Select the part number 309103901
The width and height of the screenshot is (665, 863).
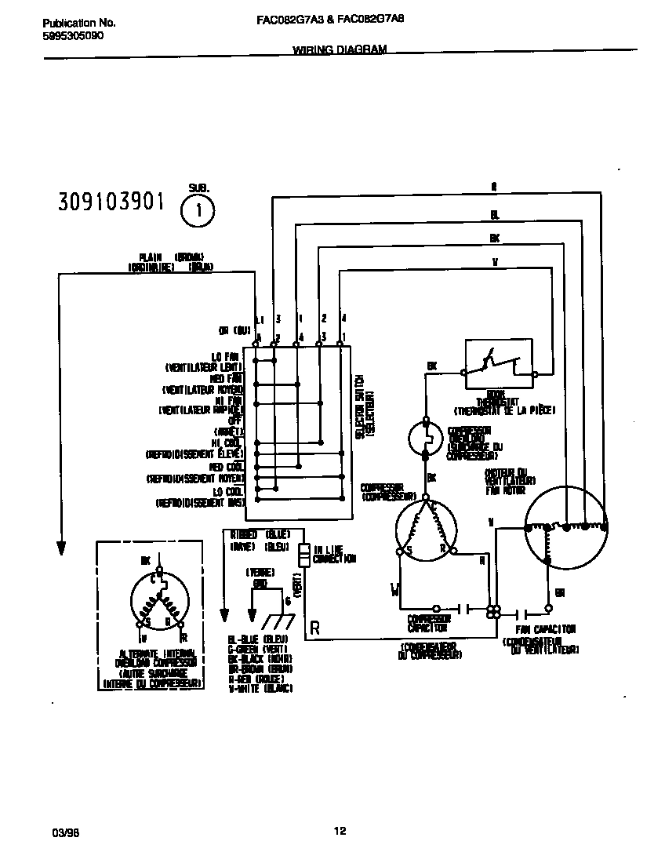(x=111, y=202)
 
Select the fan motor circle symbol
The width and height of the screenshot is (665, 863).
(x=566, y=526)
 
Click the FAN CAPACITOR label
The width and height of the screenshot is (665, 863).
(x=547, y=629)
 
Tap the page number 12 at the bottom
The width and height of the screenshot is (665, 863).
(x=340, y=832)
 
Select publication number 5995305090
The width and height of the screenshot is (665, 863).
(x=71, y=36)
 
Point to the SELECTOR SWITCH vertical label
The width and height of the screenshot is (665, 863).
(x=362, y=416)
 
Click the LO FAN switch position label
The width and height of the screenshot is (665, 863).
(x=227, y=356)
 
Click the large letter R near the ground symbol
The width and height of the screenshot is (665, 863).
(x=314, y=627)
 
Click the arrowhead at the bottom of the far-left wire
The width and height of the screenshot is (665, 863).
(x=59, y=544)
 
